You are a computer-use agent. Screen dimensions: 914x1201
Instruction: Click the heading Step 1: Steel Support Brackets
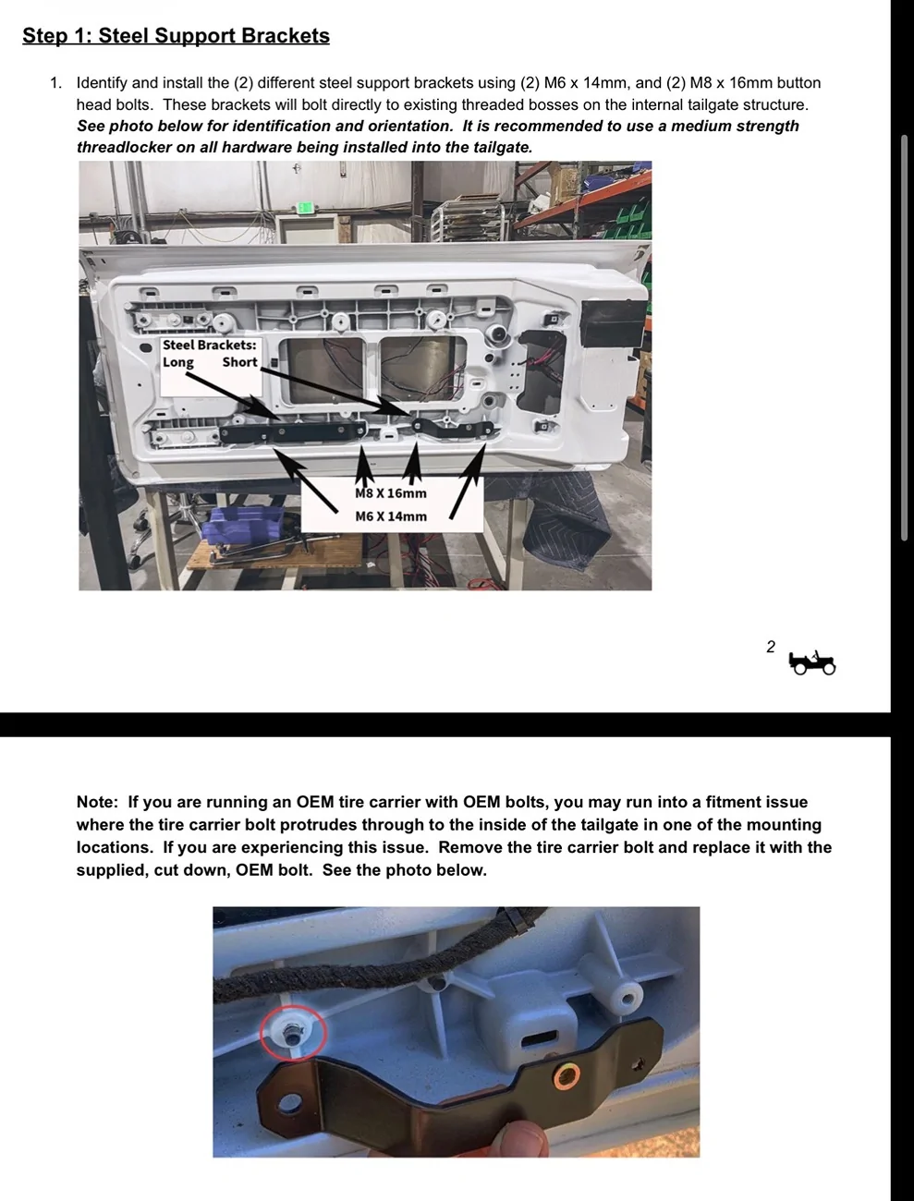(176, 35)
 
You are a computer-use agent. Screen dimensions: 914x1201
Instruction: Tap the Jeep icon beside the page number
(811, 663)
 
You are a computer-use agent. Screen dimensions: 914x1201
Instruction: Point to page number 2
(771, 647)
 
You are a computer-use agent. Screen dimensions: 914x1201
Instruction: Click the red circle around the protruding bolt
(293, 1033)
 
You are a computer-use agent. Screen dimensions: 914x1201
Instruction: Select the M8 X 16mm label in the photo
(391, 493)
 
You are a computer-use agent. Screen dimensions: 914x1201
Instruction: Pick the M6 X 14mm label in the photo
(391, 516)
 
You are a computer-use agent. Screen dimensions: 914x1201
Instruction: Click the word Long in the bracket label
(177, 362)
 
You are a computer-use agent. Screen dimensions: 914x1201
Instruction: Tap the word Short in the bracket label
(239, 361)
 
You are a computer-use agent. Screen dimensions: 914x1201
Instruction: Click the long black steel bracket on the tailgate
(293, 432)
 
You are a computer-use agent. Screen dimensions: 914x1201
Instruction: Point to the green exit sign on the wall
(305, 208)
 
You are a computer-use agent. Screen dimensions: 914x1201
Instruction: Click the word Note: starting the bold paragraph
(97, 802)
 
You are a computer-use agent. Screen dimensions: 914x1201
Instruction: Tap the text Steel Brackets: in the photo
(209, 345)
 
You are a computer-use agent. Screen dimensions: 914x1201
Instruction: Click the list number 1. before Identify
(55, 82)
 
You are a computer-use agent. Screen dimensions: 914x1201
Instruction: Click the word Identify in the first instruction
(102, 82)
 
